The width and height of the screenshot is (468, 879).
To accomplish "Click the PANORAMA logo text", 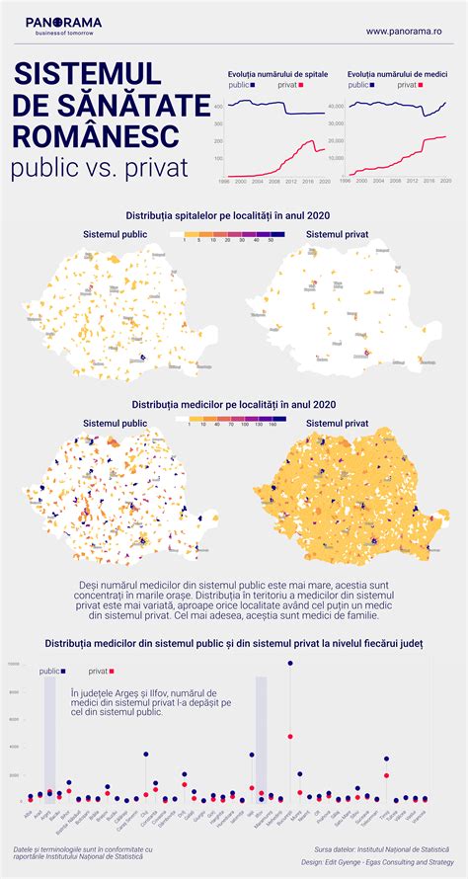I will point(63,21).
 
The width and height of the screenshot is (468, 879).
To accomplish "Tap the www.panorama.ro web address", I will point(403,31).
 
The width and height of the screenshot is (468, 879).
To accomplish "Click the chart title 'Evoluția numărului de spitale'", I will point(277,74).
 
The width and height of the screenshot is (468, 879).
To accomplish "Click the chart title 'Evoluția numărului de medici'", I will point(396,74).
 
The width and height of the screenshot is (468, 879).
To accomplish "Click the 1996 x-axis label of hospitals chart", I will point(225,182).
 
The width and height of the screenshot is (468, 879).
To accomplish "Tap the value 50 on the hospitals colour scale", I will point(271,241).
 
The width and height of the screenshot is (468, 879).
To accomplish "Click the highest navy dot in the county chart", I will point(289,663).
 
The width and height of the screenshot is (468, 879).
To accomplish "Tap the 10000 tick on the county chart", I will point(13,664).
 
